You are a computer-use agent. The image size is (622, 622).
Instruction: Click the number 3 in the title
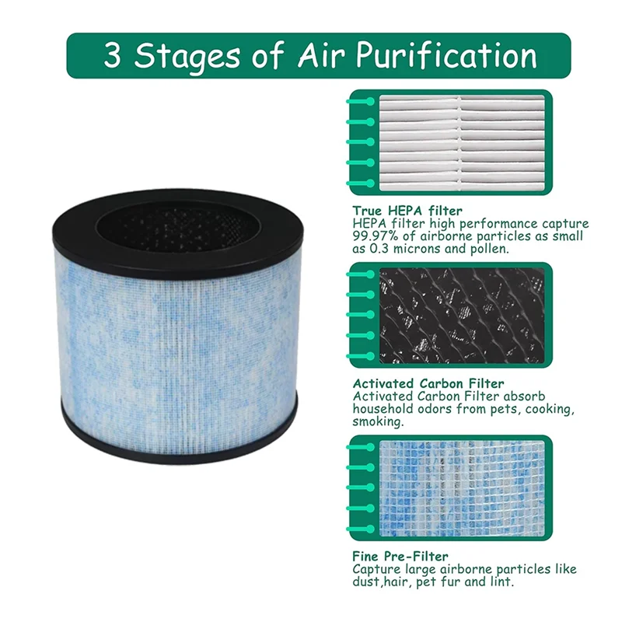(x=114, y=55)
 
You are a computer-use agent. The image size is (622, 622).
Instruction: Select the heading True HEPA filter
(x=407, y=211)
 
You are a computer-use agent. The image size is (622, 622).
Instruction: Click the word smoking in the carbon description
(x=377, y=422)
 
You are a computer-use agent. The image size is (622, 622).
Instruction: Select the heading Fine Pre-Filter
(x=400, y=556)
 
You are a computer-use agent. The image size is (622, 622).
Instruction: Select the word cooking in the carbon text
(x=551, y=409)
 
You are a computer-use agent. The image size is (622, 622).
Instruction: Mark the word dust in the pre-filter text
(x=366, y=582)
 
